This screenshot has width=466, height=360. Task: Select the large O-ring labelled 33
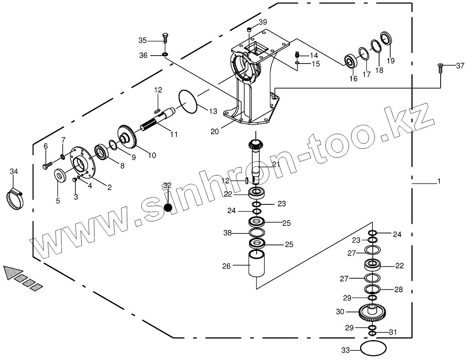pyautogui.click(x=373, y=348)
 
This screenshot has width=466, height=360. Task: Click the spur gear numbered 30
pyautogui.click(x=373, y=312)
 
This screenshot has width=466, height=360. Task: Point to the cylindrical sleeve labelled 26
pyautogui.click(x=257, y=264)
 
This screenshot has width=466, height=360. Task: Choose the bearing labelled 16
pyautogui.click(x=351, y=61)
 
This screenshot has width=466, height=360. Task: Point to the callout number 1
pyautogui.click(x=439, y=181)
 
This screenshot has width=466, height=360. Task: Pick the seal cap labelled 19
pyautogui.click(x=386, y=39)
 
